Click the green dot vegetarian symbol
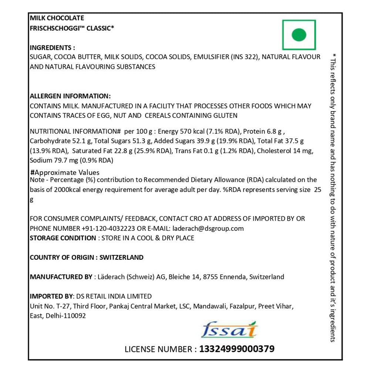tap(299, 35)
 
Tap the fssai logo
tap(229, 330)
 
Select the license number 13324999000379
tap(237, 349)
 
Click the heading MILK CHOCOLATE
tap(57, 18)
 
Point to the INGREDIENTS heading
tap(52, 48)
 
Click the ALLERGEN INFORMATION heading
tap(70, 96)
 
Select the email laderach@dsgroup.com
tap(208, 228)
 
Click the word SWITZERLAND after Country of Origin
tap(122, 258)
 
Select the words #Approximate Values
tap(65, 172)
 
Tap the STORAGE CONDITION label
tap(63, 238)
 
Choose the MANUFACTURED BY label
tap(61, 277)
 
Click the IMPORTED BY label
tap(52, 296)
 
